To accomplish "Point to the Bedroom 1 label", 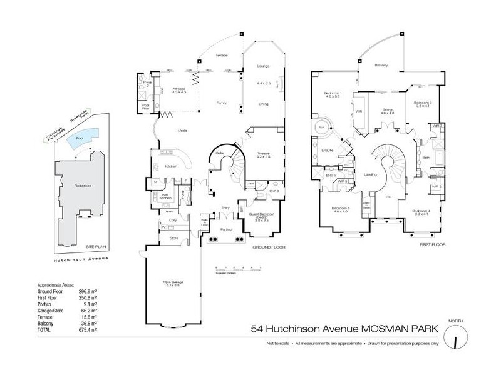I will [x=332, y=94].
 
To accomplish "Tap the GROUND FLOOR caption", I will [x=269, y=247].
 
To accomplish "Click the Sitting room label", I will [x=388, y=110].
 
